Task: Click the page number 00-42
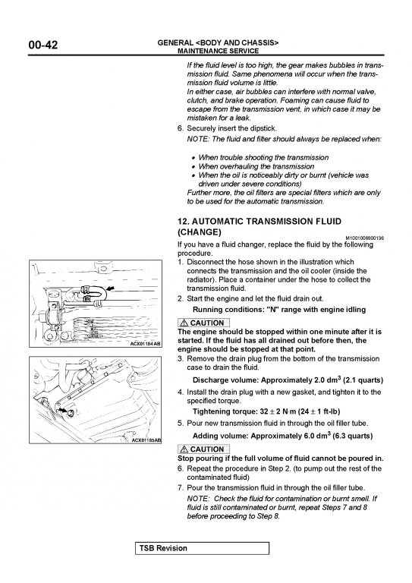click(x=43, y=45)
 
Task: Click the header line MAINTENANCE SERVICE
click(x=218, y=51)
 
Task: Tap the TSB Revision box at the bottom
click(x=202, y=548)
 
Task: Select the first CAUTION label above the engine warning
click(x=203, y=323)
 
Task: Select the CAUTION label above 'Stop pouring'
click(x=203, y=449)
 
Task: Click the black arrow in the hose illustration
click(x=111, y=288)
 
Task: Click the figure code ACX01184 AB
click(x=145, y=344)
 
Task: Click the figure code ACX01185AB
click(x=146, y=440)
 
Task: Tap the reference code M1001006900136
click(x=365, y=238)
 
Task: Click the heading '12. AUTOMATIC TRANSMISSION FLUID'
click(x=259, y=221)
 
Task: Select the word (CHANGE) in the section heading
click(x=200, y=232)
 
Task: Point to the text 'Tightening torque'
click(x=225, y=411)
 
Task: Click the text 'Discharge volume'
click(x=225, y=380)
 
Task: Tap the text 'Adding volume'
click(x=220, y=436)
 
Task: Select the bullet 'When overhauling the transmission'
click(x=256, y=166)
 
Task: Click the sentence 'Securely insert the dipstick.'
click(x=232, y=128)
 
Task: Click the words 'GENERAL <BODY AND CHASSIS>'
click(x=218, y=43)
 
